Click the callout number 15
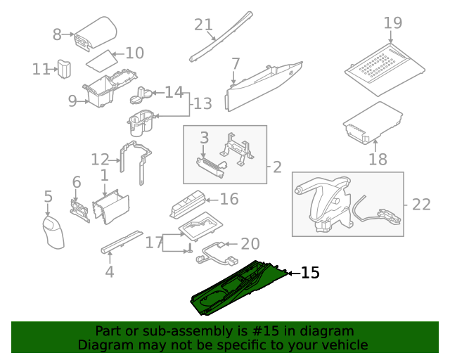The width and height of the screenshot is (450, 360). pyautogui.click(x=310, y=273)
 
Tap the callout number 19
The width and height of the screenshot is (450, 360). pyautogui.click(x=393, y=22)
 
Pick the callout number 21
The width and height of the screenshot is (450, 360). pyautogui.click(x=203, y=25)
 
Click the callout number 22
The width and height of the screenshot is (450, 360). pyautogui.click(x=420, y=205)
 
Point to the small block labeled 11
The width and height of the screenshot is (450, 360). pyautogui.click(x=65, y=69)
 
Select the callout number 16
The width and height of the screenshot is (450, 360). pyautogui.click(x=229, y=199)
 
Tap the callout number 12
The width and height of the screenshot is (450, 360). pyautogui.click(x=100, y=160)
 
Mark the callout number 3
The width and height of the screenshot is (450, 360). pyautogui.click(x=204, y=136)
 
